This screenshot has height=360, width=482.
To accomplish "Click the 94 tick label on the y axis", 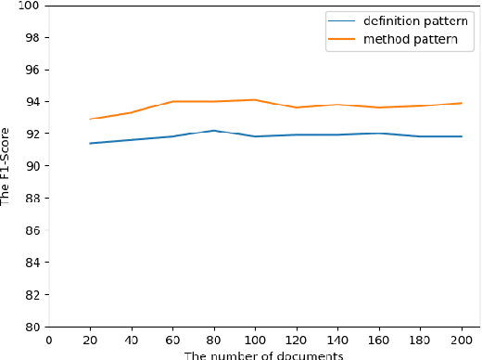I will click(x=32, y=102).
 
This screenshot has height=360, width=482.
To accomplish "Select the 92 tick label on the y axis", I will click(x=32, y=134).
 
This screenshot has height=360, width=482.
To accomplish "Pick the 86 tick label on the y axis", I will click(x=32, y=230).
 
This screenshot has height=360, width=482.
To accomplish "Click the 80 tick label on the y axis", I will click(x=32, y=327).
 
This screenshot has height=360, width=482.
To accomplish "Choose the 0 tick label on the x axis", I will click(x=48, y=341).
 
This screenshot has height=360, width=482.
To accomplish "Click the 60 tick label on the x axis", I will click(x=172, y=341).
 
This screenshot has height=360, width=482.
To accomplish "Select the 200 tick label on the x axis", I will click(x=462, y=341).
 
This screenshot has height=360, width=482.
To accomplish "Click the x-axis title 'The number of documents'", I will click(x=263, y=354).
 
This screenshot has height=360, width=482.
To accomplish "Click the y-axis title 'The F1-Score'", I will click(x=7, y=167).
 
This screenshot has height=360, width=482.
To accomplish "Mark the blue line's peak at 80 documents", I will click(x=214, y=131).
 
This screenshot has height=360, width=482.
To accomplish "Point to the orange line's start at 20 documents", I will click(x=90, y=119).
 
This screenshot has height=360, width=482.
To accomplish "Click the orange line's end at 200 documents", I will click(x=462, y=103).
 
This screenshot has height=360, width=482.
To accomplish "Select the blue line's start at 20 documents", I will click(x=90, y=143).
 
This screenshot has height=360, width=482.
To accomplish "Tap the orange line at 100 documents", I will click(x=255, y=99).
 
